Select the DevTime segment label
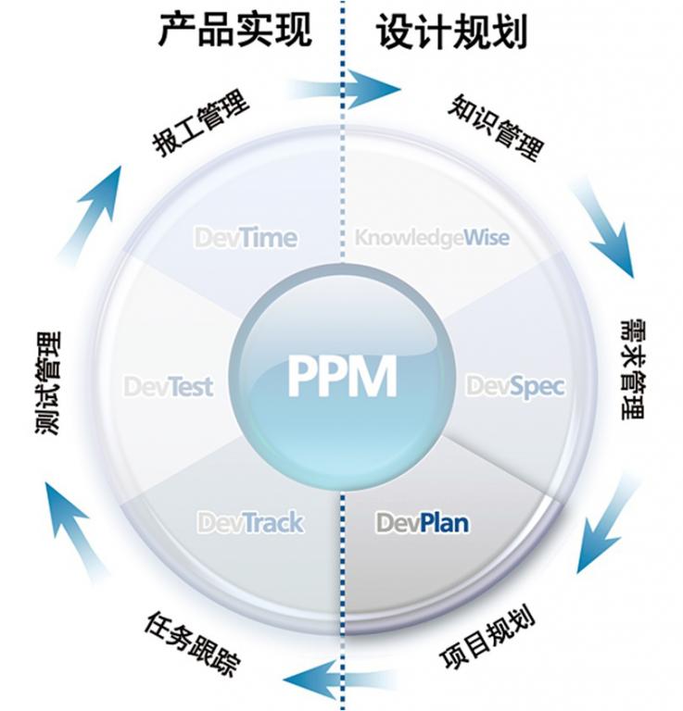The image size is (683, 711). (246, 238)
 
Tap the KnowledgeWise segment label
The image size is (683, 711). (432, 238)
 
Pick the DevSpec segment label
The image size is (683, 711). (514, 385)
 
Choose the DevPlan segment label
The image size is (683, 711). (422, 523)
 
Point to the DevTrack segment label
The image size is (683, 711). (250, 523)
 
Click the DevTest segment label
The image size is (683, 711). (169, 385)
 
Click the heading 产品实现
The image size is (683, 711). (234, 31)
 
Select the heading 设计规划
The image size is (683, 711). (451, 31)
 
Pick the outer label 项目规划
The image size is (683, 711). (487, 639)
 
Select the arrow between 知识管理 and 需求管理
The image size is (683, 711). (603, 227)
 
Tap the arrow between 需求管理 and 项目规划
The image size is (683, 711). (606, 524)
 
